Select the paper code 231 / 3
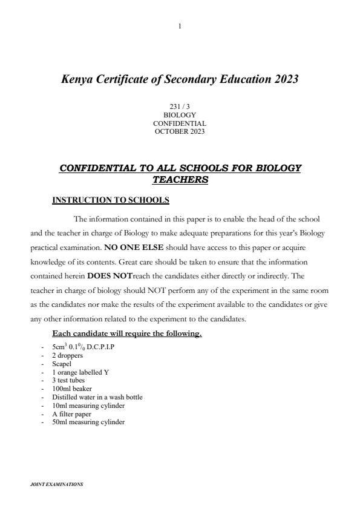(x=180, y=107)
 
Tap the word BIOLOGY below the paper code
(x=180, y=115)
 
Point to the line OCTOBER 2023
(x=180, y=131)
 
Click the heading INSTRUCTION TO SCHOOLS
(x=111, y=200)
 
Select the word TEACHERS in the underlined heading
(x=180, y=180)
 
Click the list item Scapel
(x=62, y=364)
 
